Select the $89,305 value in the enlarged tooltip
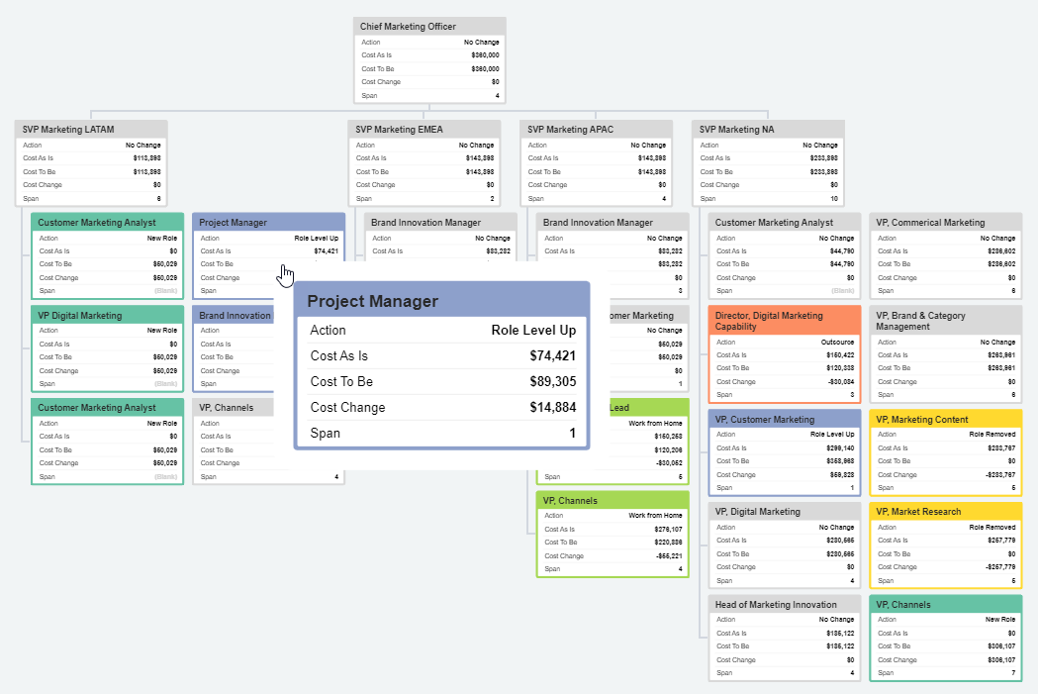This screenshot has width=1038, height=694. click(x=551, y=382)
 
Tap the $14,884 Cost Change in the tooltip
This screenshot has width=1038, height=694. click(x=551, y=408)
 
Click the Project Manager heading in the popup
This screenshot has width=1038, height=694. click(x=372, y=301)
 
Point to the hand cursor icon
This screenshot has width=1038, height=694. click(x=286, y=274)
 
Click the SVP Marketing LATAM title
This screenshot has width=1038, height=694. click(x=66, y=130)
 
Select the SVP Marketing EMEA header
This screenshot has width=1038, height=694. click(x=400, y=130)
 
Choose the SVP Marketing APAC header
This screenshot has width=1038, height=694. click(x=571, y=130)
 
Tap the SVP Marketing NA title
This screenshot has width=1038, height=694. click(x=737, y=130)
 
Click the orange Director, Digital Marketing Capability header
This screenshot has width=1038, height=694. click(x=769, y=321)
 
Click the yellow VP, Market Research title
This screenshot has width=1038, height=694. click(x=918, y=512)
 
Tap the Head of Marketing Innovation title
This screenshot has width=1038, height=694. click(x=775, y=605)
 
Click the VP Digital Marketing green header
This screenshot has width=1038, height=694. click(x=80, y=316)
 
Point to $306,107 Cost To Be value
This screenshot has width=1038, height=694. click(x=997, y=646)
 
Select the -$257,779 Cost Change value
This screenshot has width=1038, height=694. click(x=996, y=567)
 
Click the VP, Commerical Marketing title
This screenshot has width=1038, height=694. click(x=930, y=223)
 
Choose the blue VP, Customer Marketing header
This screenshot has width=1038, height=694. click(x=765, y=420)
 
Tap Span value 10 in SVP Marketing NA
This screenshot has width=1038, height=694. click(x=833, y=198)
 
